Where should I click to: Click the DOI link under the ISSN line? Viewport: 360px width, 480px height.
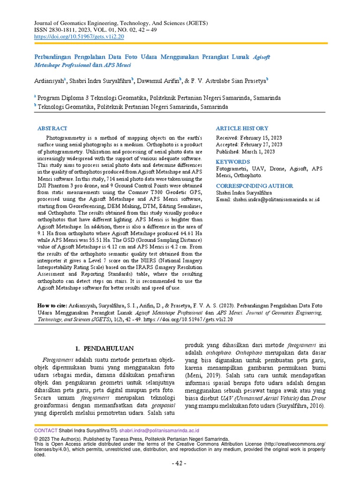(79, 36)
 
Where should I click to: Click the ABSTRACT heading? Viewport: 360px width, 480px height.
(52, 128)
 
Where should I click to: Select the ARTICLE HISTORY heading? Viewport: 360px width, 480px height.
(242, 128)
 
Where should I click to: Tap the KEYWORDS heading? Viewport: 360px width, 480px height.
(233, 162)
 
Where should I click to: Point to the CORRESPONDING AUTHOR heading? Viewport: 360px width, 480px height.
(255, 186)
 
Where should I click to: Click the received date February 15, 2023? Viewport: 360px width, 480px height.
(262, 138)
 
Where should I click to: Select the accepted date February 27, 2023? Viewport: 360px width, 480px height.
(262, 145)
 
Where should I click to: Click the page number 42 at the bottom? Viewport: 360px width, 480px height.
(180, 464)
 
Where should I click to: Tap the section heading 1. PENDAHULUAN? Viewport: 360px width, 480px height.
(105, 348)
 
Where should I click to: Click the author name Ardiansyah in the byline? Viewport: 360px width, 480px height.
(50, 81)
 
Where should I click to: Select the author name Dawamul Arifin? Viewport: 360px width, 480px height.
(157, 81)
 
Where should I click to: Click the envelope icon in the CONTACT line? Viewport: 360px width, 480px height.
(114, 430)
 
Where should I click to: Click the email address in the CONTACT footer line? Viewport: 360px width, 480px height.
(159, 430)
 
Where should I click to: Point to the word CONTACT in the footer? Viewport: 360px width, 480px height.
(45, 430)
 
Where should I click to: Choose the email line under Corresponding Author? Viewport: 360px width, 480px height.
(268, 199)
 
